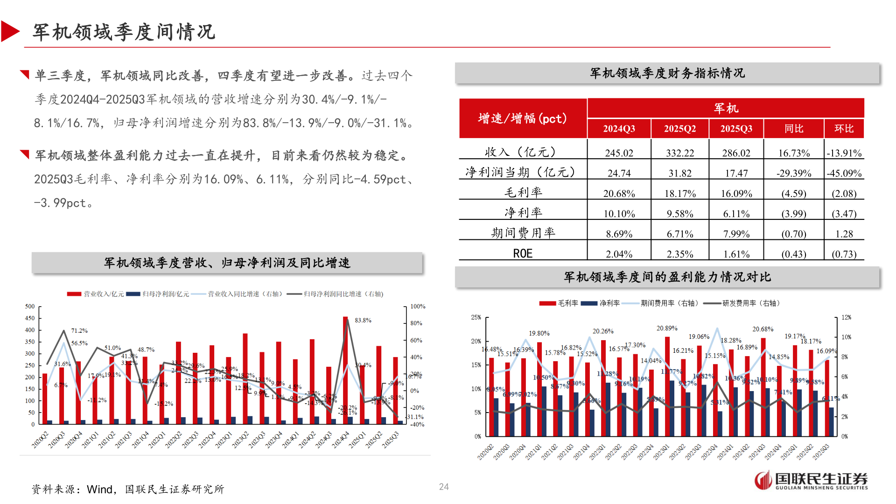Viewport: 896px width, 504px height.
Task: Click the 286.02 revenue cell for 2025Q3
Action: tap(736, 153)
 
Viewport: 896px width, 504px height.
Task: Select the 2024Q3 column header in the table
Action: tap(619, 129)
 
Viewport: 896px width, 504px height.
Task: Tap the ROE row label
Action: tap(523, 253)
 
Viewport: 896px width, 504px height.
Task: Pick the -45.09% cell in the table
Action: tap(844, 173)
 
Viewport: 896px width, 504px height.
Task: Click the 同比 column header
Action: tap(793, 129)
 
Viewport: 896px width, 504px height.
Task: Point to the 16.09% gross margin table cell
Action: tap(736, 193)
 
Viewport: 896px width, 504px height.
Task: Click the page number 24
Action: tap(444, 487)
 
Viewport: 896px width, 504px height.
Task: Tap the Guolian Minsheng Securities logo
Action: tap(811, 480)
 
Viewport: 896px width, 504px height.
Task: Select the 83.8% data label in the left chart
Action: tap(363, 321)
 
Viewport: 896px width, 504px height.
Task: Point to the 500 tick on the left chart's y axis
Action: tap(30, 307)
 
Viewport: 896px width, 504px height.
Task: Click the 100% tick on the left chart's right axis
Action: tap(418, 307)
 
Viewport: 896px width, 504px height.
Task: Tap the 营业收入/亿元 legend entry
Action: tap(96, 294)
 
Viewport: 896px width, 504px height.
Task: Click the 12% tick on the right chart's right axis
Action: tap(846, 317)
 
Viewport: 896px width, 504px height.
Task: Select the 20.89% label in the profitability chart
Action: tap(667, 329)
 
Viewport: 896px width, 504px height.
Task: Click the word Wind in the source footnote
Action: tap(99, 489)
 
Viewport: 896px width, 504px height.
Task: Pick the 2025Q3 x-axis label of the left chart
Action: tap(391, 440)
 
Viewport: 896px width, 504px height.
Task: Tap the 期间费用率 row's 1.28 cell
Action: tap(844, 234)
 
